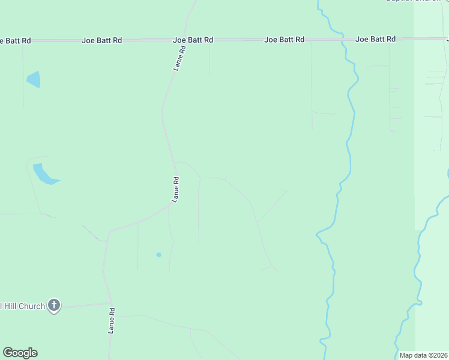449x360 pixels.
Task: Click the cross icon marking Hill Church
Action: [54, 306]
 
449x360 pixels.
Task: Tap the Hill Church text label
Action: [23, 306]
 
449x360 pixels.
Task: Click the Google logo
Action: [20, 353]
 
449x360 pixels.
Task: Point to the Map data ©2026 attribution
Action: [423, 355]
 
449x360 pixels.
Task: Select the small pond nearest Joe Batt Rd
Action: [34, 79]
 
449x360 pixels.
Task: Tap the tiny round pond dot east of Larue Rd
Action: [158, 254]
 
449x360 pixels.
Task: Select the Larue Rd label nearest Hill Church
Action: [111, 320]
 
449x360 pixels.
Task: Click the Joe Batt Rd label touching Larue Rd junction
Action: [193, 40]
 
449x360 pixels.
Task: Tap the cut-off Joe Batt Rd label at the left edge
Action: [15, 40]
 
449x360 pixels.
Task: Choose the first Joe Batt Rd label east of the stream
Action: [375, 39]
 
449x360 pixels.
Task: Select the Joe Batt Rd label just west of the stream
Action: [284, 40]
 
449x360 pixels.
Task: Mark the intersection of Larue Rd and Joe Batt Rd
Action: [184, 40]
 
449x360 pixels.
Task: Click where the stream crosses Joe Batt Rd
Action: [343, 40]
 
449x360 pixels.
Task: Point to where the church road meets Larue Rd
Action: [110, 303]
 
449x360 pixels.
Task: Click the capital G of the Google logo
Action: [8, 353]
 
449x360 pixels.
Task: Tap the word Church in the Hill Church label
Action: [32, 306]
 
